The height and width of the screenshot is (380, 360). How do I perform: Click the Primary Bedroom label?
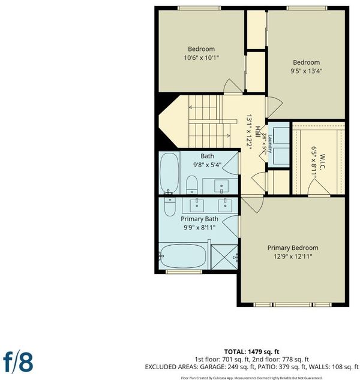(293, 248)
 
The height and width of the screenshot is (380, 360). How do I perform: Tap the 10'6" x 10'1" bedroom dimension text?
(202, 58)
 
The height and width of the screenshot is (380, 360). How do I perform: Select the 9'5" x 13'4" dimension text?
(307, 71)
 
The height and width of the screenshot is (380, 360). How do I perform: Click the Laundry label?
(270, 144)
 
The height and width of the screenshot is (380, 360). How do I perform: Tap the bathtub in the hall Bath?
(169, 173)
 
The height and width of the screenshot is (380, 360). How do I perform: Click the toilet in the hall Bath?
(191, 185)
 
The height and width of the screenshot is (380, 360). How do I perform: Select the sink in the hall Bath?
(221, 186)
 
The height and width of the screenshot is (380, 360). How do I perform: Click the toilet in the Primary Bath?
(170, 206)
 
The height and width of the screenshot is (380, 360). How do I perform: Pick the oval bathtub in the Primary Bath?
(183, 256)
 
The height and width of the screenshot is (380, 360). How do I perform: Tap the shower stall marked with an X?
(224, 257)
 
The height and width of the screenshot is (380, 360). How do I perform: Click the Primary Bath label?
(199, 219)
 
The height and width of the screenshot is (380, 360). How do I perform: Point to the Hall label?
(258, 132)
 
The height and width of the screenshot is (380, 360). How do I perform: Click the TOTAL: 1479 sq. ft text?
(251, 352)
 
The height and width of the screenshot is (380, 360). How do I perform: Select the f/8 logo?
(18, 362)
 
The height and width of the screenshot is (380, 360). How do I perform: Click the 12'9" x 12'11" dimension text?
(293, 257)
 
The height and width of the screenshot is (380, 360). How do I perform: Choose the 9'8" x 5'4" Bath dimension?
(208, 165)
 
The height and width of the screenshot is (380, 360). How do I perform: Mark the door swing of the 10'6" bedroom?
(232, 86)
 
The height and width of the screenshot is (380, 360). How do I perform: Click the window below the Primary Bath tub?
(184, 272)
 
